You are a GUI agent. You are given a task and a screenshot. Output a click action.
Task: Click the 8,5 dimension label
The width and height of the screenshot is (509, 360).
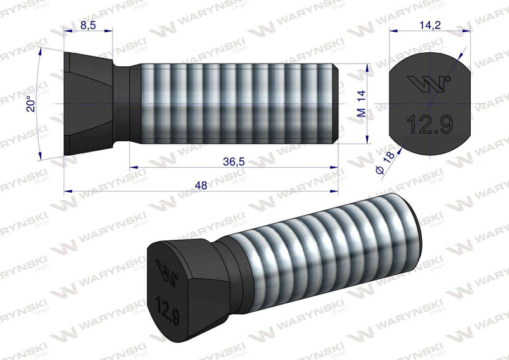(88, 25)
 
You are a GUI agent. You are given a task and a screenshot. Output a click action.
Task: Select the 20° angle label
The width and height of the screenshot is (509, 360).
(31, 104)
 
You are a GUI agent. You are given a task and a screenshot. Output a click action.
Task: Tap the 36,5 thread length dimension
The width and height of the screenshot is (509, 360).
(234, 162)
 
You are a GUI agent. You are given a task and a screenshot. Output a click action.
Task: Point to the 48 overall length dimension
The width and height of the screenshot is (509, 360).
(201, 185)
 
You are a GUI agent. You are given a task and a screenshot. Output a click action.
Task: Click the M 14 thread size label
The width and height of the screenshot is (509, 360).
(361, 104)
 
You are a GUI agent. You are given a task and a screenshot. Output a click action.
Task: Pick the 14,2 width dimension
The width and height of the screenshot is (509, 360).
(430, 25)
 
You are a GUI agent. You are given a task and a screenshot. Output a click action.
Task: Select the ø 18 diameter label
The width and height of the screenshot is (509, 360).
(386, 162)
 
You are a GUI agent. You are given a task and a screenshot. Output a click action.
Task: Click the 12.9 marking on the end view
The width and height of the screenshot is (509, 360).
(429, 124)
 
